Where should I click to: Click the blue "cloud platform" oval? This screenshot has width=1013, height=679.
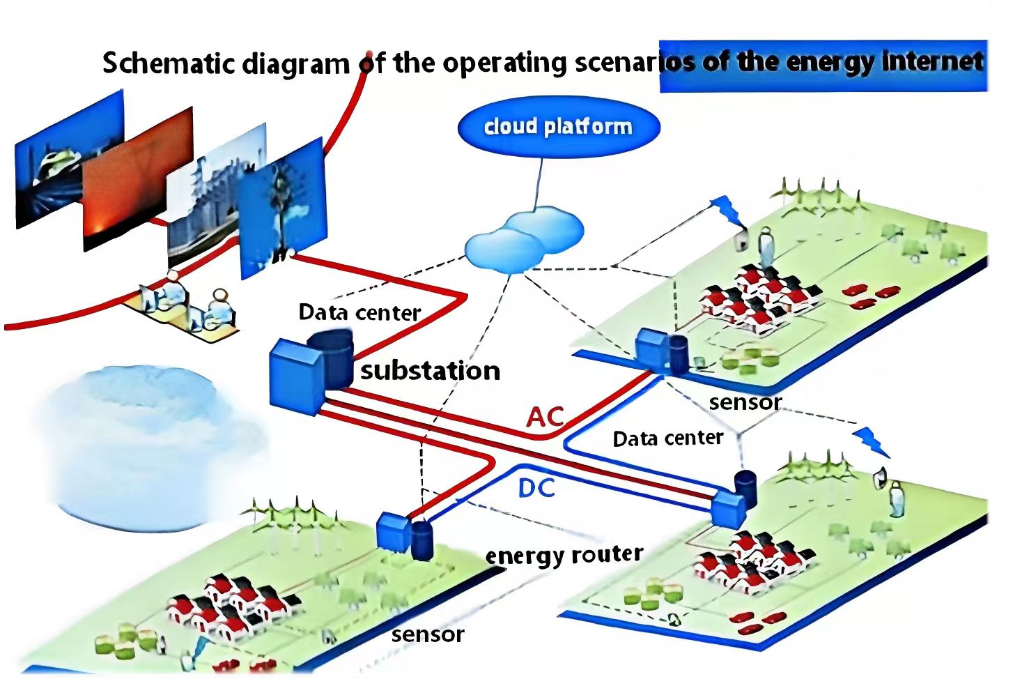[x=558, y=127]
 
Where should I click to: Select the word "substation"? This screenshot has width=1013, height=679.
[x=431, y=370]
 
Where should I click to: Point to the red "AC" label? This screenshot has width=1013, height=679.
[x=545, y=417]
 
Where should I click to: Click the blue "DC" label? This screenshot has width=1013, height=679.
[x=536, y=489]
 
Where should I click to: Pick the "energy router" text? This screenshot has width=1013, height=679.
[x=564, y=555]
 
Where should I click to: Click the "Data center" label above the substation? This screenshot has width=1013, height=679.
[x=359, y=312]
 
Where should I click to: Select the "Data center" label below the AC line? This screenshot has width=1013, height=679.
[x=667, y=438]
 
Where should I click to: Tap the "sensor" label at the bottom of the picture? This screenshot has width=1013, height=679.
[x=427, y=634]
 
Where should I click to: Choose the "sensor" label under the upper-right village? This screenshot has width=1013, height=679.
[x=745, y=402]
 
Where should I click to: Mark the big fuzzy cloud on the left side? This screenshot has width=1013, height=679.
[x=139, y=446]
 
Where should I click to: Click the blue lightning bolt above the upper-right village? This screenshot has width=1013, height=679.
[x=725, y=209]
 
